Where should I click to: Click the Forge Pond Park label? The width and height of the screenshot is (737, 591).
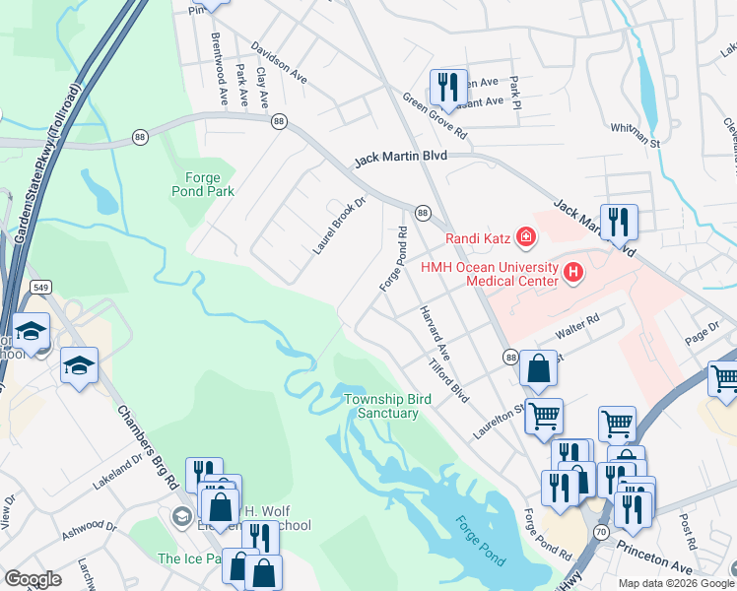[x=203, y=184]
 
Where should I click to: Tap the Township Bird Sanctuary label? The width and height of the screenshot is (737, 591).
[x=381, y=406]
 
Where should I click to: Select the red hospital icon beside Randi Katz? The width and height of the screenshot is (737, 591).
[x=526, y=236]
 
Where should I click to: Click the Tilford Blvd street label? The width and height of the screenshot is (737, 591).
[x=448, y=378]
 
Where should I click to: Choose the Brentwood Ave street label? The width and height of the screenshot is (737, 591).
[x=219, y=69]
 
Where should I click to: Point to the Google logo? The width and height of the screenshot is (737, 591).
[x=33, y=579]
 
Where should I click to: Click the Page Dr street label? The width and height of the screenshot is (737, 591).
[x=703, y=331]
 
